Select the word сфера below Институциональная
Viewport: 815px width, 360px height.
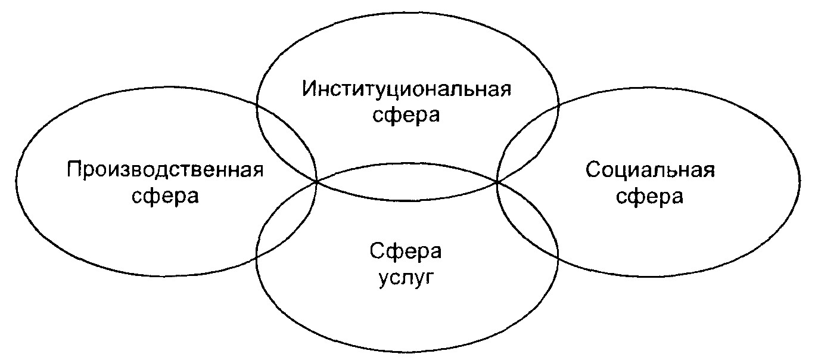coord(406,116)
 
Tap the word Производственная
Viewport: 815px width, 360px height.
coord(165,170)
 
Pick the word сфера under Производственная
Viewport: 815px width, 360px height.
coord(165,196)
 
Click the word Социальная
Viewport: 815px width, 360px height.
coord(649,170)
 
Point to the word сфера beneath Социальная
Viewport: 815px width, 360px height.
coord(649,196)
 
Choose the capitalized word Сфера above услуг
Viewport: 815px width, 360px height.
coord(406,252)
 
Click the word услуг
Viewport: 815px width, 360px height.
coord(406,278)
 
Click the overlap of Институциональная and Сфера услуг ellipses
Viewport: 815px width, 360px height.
coord(406,182)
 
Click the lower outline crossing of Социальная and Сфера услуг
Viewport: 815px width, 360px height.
coord(558,257)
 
